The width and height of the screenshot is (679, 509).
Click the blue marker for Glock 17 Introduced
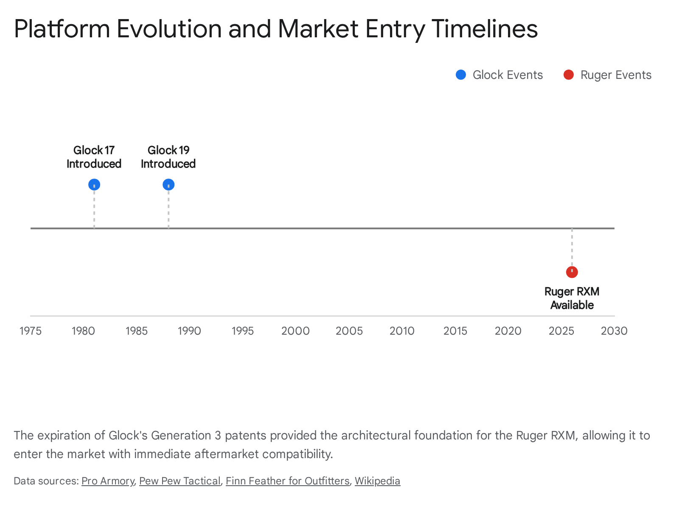(x=94, y=185)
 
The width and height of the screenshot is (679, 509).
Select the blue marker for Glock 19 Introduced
(x=168, y=185)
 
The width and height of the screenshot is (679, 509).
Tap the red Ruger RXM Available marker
(x=572, y=272)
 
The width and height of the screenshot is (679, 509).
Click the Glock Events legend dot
(x=461, y=75)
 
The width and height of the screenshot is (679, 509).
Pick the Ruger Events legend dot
(x=568, y=75)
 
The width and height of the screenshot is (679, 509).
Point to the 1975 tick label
(x=31, y=331)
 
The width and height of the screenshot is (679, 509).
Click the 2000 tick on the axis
(x=295, y=331)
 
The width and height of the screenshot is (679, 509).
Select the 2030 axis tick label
(x=614, y=331)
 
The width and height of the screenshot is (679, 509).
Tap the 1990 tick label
(x=189, y=331)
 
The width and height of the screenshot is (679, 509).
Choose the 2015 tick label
(x=455, y=331)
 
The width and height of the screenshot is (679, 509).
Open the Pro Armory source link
(x=108, y=481)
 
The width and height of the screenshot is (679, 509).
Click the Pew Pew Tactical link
(x=180, y=481)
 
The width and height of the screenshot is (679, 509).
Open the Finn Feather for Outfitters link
(x=287, y=481)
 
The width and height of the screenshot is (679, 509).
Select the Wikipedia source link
(x=377, y=481)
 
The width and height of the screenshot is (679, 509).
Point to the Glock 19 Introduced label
(x=168, y=157)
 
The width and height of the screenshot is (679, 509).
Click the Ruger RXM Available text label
(x=572, y=298)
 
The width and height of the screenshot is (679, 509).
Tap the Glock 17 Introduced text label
(x=94, y=157)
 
